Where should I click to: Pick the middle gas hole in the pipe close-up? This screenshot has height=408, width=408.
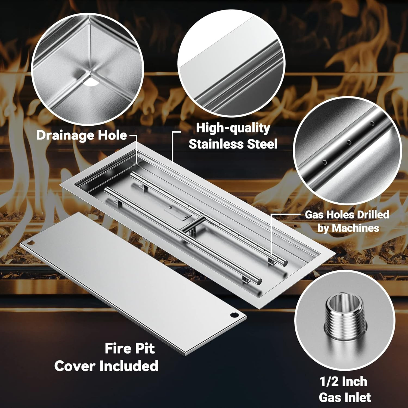(348, 142)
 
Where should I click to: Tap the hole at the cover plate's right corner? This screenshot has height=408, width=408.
(234, 315)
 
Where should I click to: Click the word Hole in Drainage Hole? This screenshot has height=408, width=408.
(116, 135)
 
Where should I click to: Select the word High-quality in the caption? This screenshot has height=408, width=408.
(233, 128)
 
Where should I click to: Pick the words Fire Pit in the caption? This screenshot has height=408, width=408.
(130, 348)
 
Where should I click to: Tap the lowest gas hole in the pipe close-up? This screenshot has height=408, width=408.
(324, 162)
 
